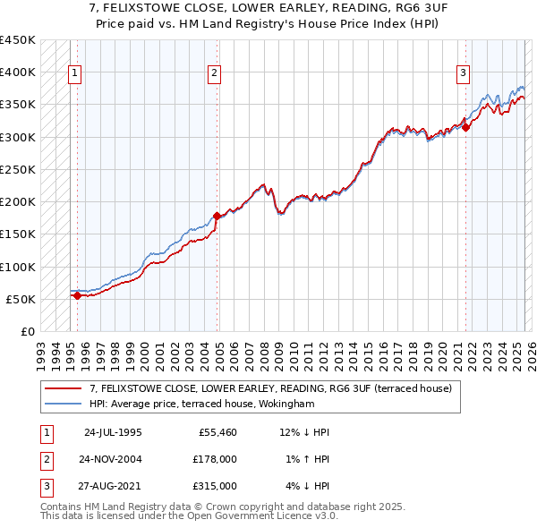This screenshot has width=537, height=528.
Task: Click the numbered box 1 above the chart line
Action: pyautogui.click(x=74, y=74)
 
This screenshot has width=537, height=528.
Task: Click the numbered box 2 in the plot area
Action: pyautogui.click(x=215, y=74)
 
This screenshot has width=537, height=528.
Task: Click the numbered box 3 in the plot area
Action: pyautogui.click(x=464, y=74)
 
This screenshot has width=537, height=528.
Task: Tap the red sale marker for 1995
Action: pyautogui.click(x=77, y=295)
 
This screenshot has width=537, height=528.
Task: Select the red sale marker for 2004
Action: pyautogui.click(x=217, y=216)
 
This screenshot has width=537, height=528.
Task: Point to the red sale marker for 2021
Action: pyautogui.click(x=466, y=127)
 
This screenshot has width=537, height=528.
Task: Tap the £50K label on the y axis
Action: pyautogui.click(x=21, y=299)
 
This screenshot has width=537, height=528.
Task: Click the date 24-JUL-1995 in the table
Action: pyautogui.click(x=113, y=432)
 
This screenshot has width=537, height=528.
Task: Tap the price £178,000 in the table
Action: pyautogui.click(x=214, y=459)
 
